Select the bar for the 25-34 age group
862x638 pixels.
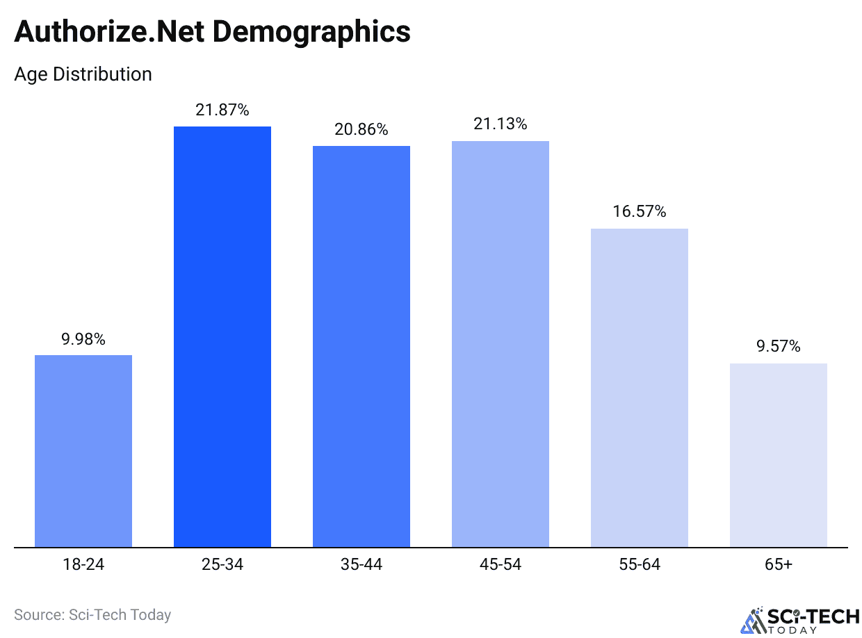222,336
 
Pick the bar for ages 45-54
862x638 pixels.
501,343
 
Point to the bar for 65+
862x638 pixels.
779,455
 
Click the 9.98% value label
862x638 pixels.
83,339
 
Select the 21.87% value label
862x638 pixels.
222,110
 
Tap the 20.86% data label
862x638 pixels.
361,129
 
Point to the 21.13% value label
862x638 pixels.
501,124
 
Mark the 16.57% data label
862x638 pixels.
640,212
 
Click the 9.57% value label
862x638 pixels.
779,346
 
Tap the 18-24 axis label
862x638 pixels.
83,564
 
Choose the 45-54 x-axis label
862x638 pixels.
501,564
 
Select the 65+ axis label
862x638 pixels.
779,564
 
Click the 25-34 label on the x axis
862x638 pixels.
222,564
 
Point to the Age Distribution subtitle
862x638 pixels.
83,74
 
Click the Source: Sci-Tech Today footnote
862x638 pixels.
92,614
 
